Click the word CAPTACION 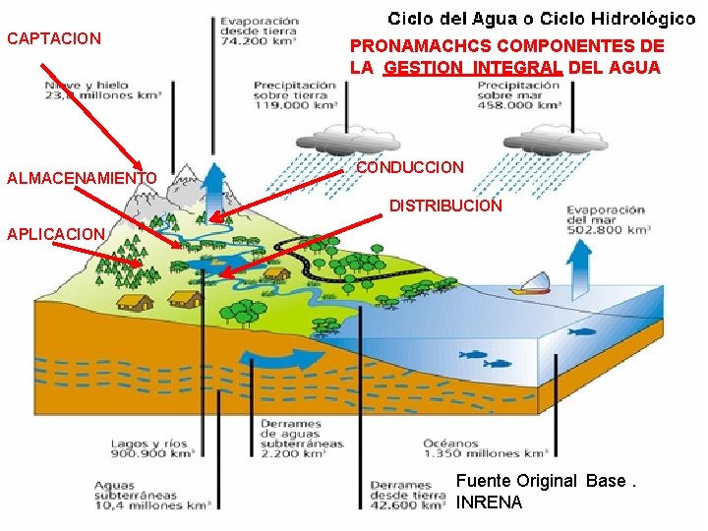click(x=54, y=39)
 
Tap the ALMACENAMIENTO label click(x=82, y=178)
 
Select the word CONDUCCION click(x=409, y=168)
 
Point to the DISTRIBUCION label click(x=445, y=206)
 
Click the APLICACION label click(x=55, y=234)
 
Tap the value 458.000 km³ click(x=517, y=105)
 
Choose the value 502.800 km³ click(x=608, y=230)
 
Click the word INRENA click(x=490, y=503)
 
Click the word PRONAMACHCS click(x=420, y=46)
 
